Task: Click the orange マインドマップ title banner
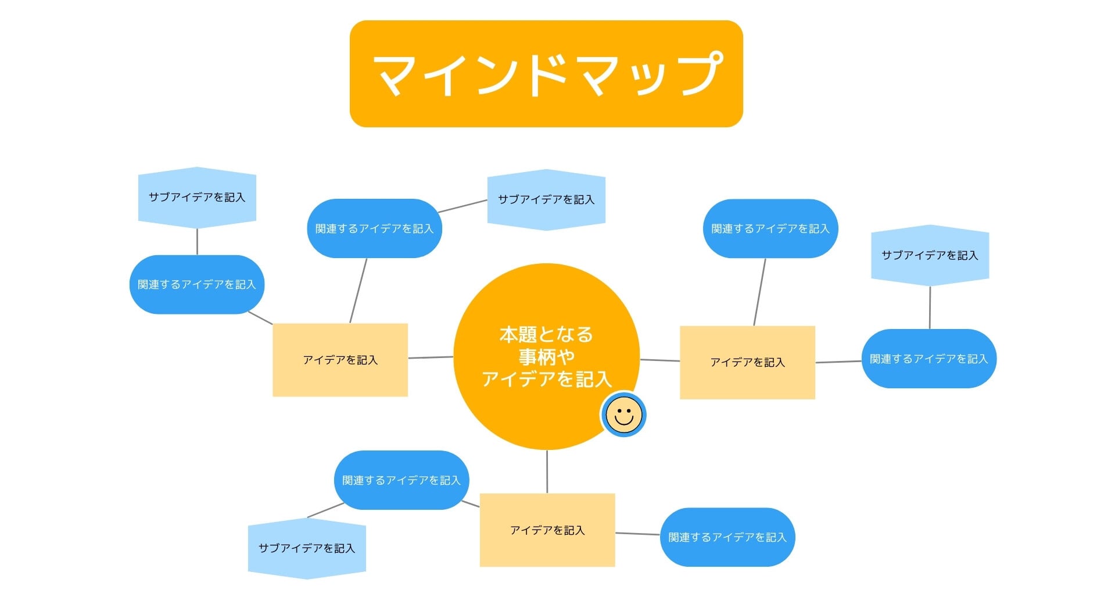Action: coord(546,74)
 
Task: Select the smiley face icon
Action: coord(623,414)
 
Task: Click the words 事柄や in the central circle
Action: coord(547,357)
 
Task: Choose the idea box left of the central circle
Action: coord(340,360)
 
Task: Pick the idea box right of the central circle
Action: coord(747,362)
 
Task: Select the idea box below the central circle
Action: coord(547,530)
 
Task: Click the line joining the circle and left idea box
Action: coord(431,357)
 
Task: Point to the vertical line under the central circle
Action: coord(547,471)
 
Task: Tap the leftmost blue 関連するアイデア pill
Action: coord(197,284)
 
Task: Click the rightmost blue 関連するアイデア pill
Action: coord(928,359)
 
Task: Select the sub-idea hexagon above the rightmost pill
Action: coord(930,255)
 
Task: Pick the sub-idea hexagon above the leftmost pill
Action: coord(197,198)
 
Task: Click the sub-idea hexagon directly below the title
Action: coord(546,199)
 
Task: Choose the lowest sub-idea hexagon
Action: coord(307,548)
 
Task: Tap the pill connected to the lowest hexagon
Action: coord(401,480)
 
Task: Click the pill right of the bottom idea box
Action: coord(727,537)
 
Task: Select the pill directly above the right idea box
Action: coord(770,228)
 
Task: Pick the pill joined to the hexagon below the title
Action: coord(374,228)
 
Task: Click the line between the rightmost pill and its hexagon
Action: coord(930,307)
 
